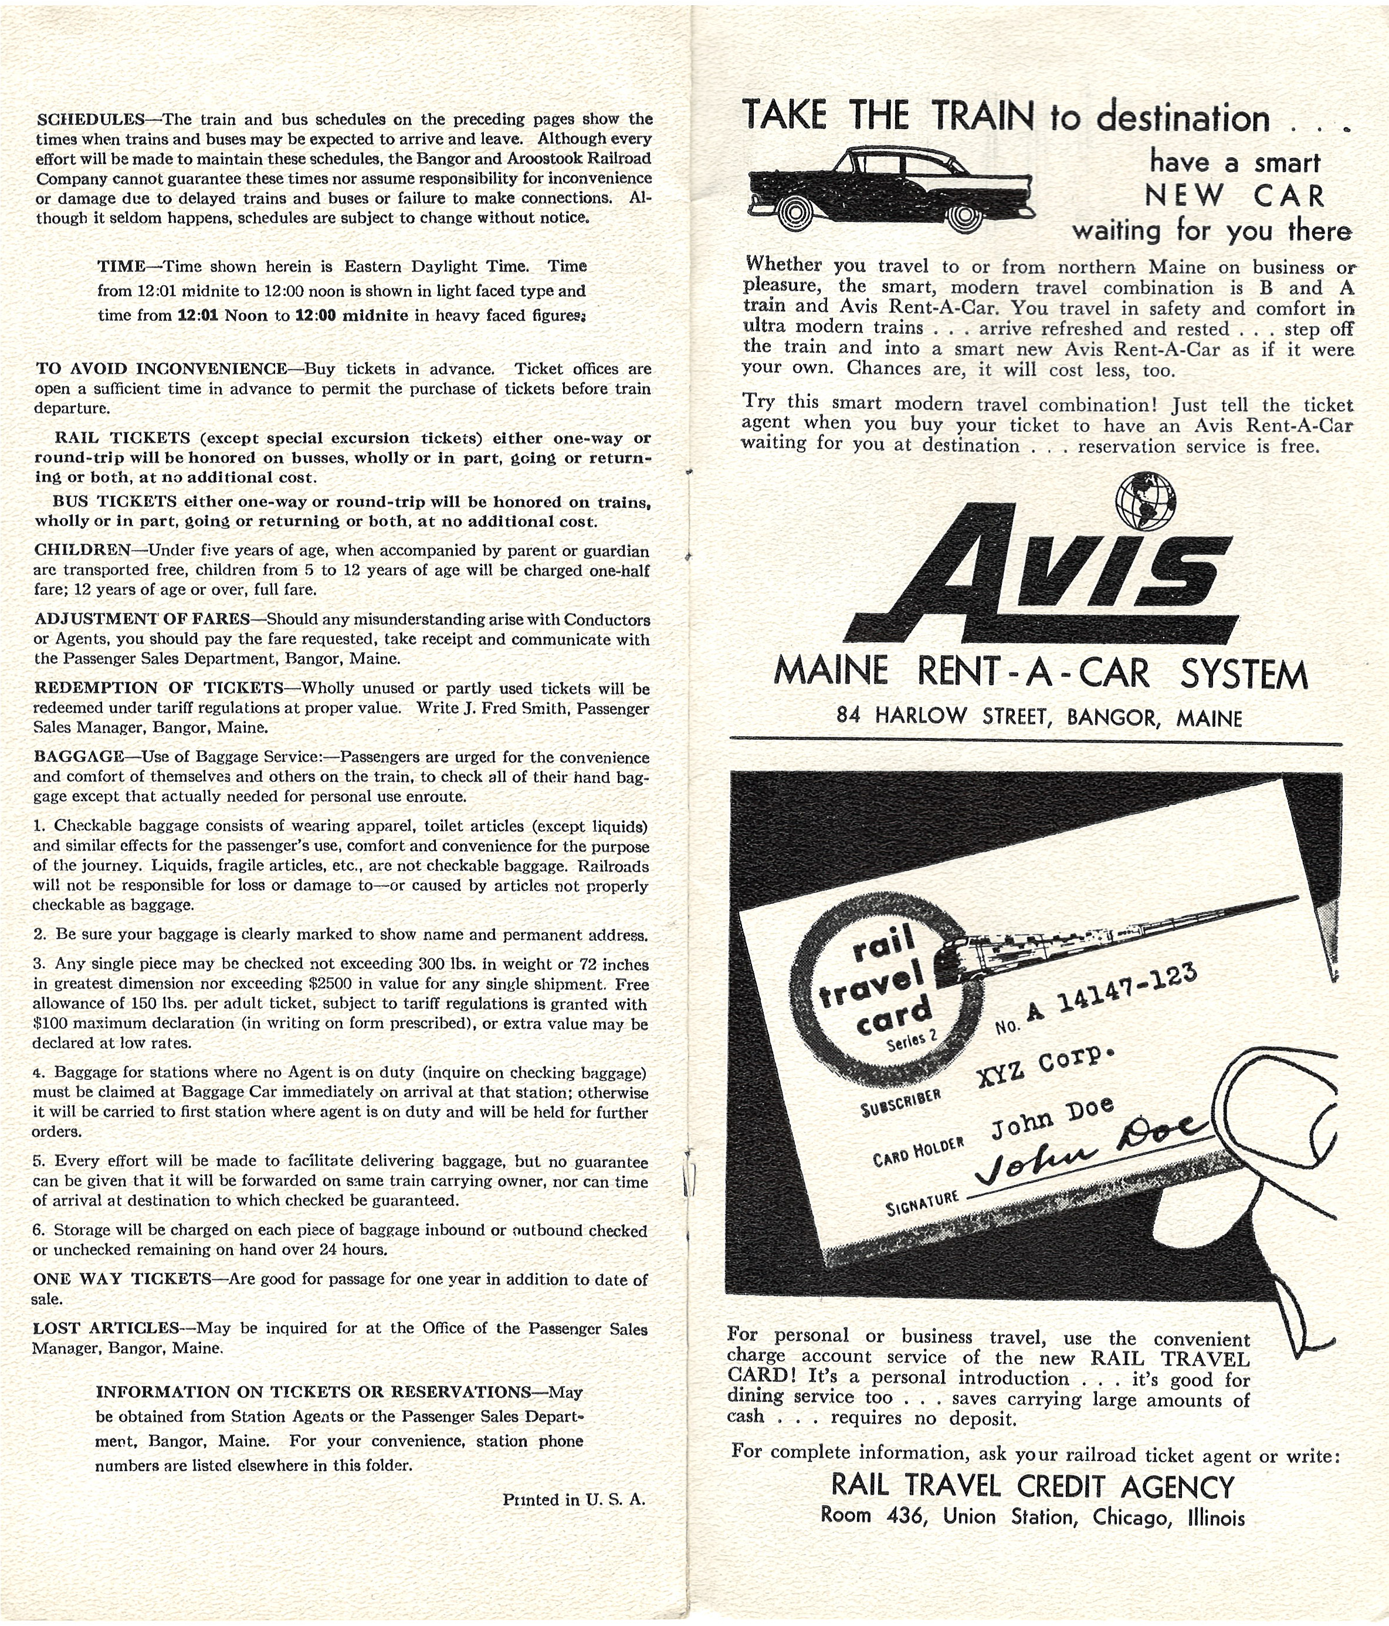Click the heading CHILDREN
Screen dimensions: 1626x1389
[x=82, y=550]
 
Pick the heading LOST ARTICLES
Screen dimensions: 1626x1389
[x=107, y=1328]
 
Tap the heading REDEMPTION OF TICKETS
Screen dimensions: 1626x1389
[x=158, y=688]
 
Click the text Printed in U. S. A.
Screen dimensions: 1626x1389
[x=574, y=1500]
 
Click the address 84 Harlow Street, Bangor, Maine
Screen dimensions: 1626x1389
[x=1039, y=716]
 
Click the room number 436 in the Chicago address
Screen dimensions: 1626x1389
[x=906, y=1517]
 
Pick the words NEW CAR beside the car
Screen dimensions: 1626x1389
[x=1234, y=195]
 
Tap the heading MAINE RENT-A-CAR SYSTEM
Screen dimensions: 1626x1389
[x=1041, y=673]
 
